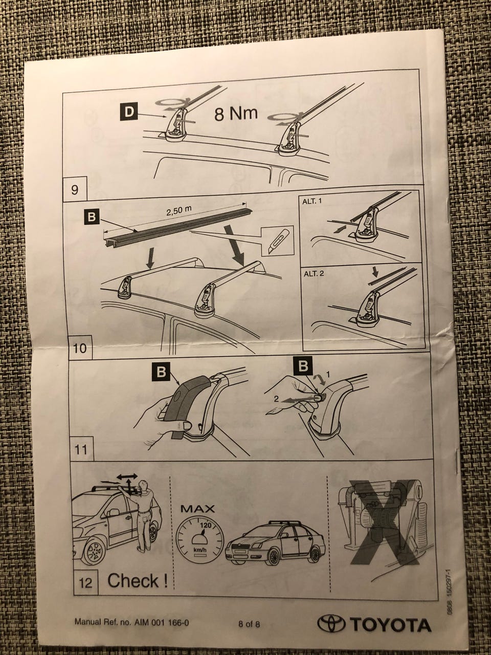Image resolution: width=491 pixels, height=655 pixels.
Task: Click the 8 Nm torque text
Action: (x=236, y=114)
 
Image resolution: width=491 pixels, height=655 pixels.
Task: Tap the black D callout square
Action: (x=129, y=112)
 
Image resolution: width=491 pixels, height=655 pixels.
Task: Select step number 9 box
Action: (x=75, y=189)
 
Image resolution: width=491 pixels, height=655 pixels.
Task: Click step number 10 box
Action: (x=79, y=347)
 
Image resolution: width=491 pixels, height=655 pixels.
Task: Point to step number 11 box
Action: (x=82, y=450)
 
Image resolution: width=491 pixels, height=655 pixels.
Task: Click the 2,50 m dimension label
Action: (x=178, y=211)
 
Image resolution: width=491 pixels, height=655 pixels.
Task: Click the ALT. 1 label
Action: (x=312, y=202)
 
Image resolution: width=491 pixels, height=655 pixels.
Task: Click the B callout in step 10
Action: (x=92, y=217)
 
